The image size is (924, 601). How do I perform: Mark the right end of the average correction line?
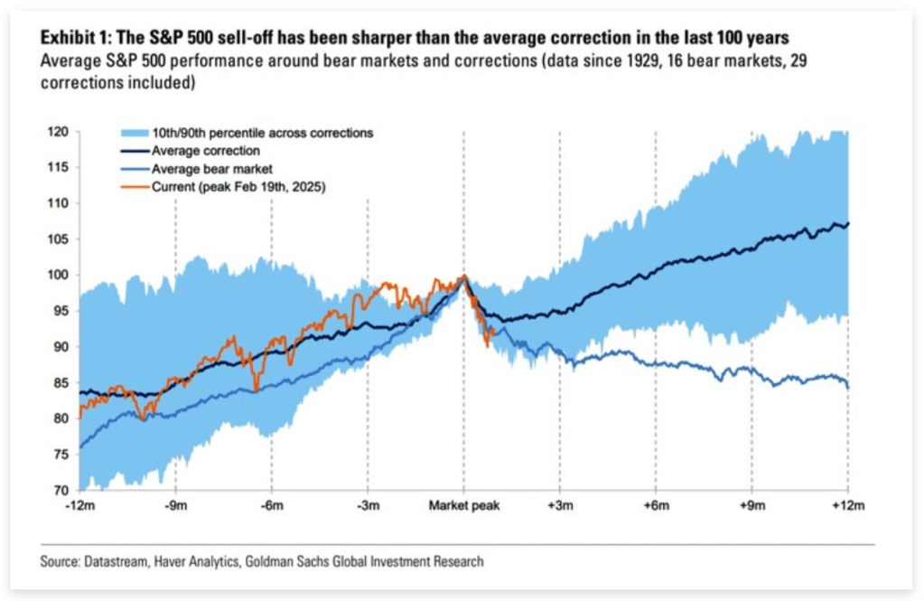pos(848,223)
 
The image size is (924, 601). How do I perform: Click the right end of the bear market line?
pos(848,387)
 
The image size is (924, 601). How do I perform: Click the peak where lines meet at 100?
pos(463,277)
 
